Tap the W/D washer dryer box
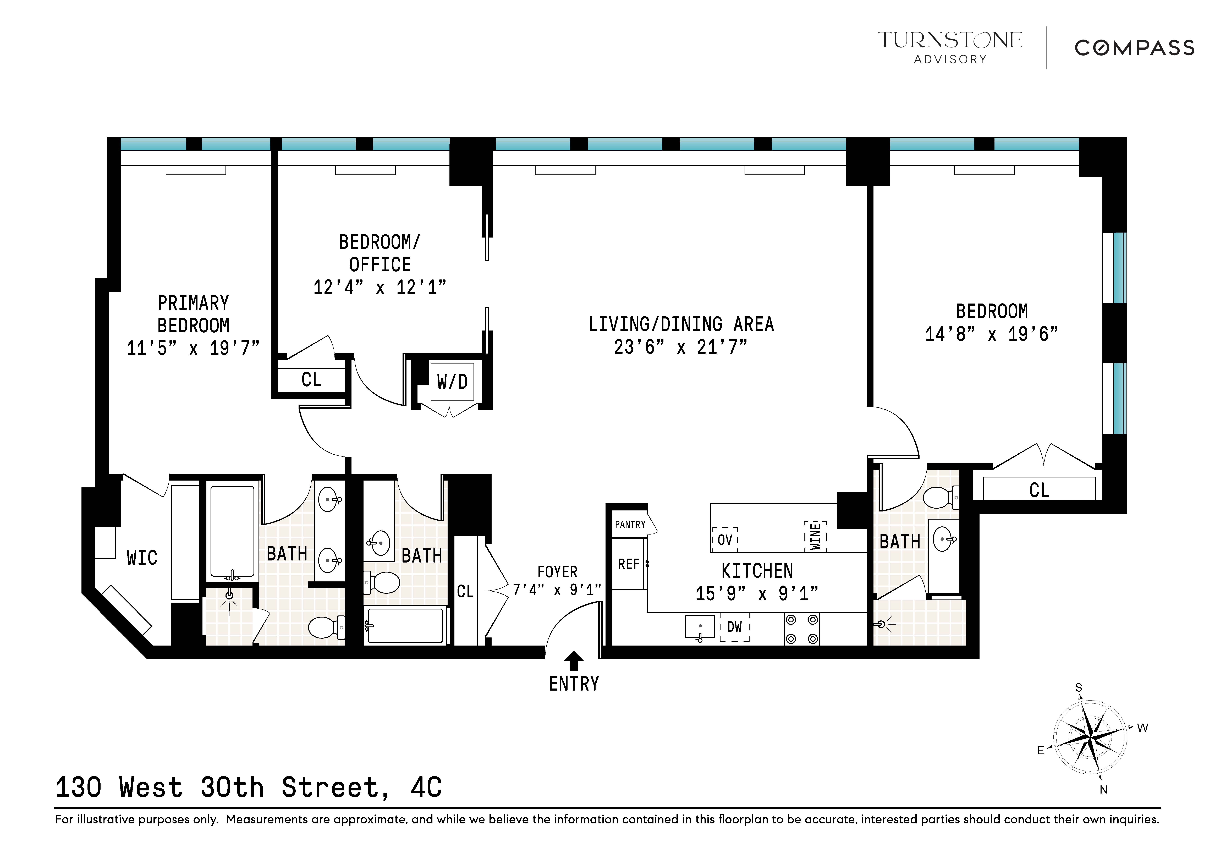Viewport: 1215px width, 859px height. (x=452, y=382)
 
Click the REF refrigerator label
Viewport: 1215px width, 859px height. (x=629, y=564)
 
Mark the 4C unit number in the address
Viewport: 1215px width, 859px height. (x=426, y=787)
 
